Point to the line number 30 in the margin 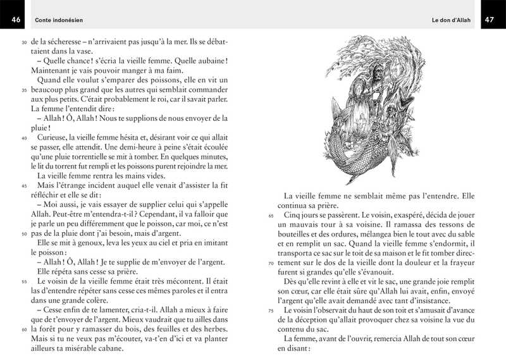pyautogui.click(x=24, y=42)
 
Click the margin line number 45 pyautogui.click(x=24, y=187)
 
